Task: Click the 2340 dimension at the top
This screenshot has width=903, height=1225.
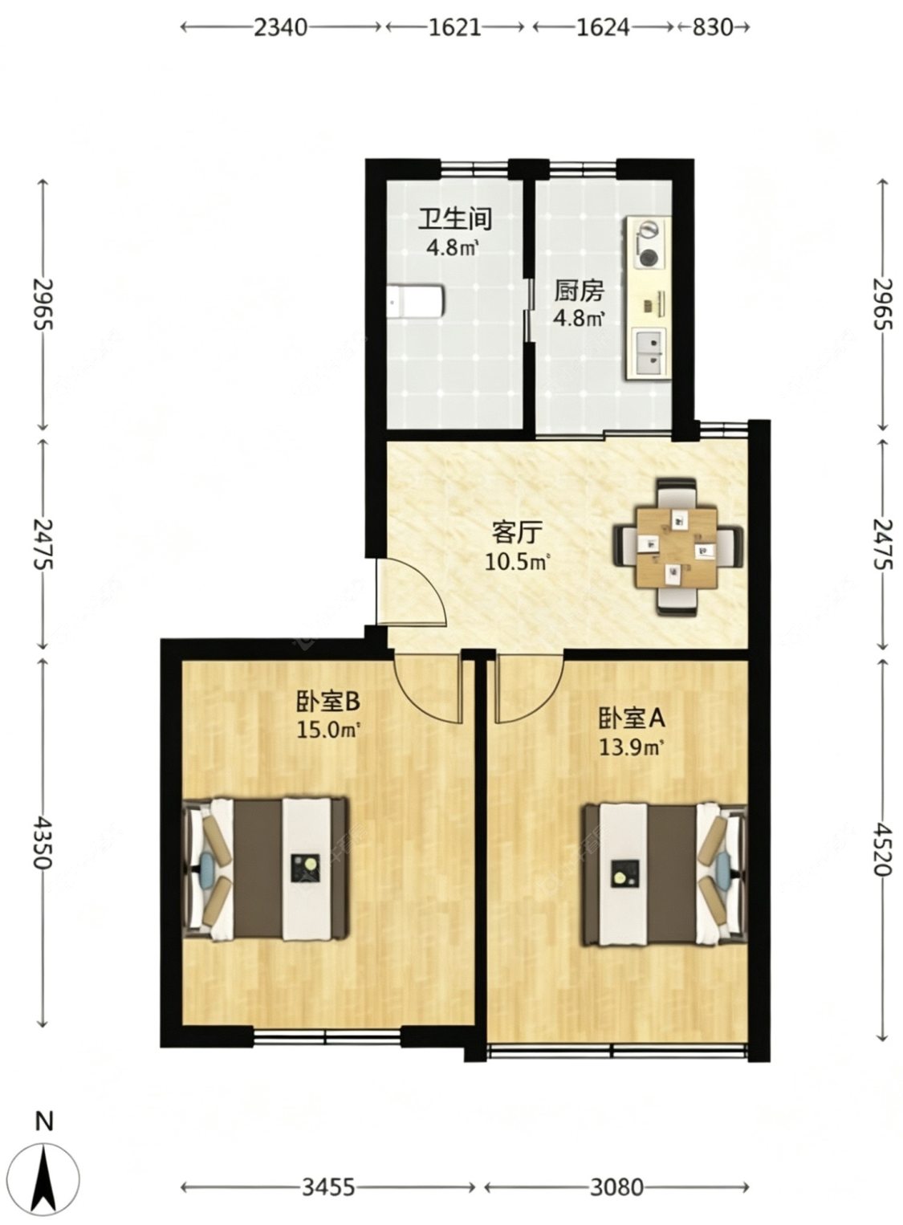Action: click(281, 26)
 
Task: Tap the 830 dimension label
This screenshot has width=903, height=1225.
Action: click(712, 26)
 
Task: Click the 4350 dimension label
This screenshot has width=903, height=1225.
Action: click(42, 843)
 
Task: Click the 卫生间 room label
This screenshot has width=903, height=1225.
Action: click(455, 218)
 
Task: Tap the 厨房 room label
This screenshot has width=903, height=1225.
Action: click(580, 291)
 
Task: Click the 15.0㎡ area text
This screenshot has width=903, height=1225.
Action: click(327, 730)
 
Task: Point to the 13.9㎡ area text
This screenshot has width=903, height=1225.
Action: click(632, 746)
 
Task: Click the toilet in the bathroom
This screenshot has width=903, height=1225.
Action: click(417, 301)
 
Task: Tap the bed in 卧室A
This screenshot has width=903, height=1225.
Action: click(665, 873)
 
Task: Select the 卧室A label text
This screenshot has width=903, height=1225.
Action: click(632, 719)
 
